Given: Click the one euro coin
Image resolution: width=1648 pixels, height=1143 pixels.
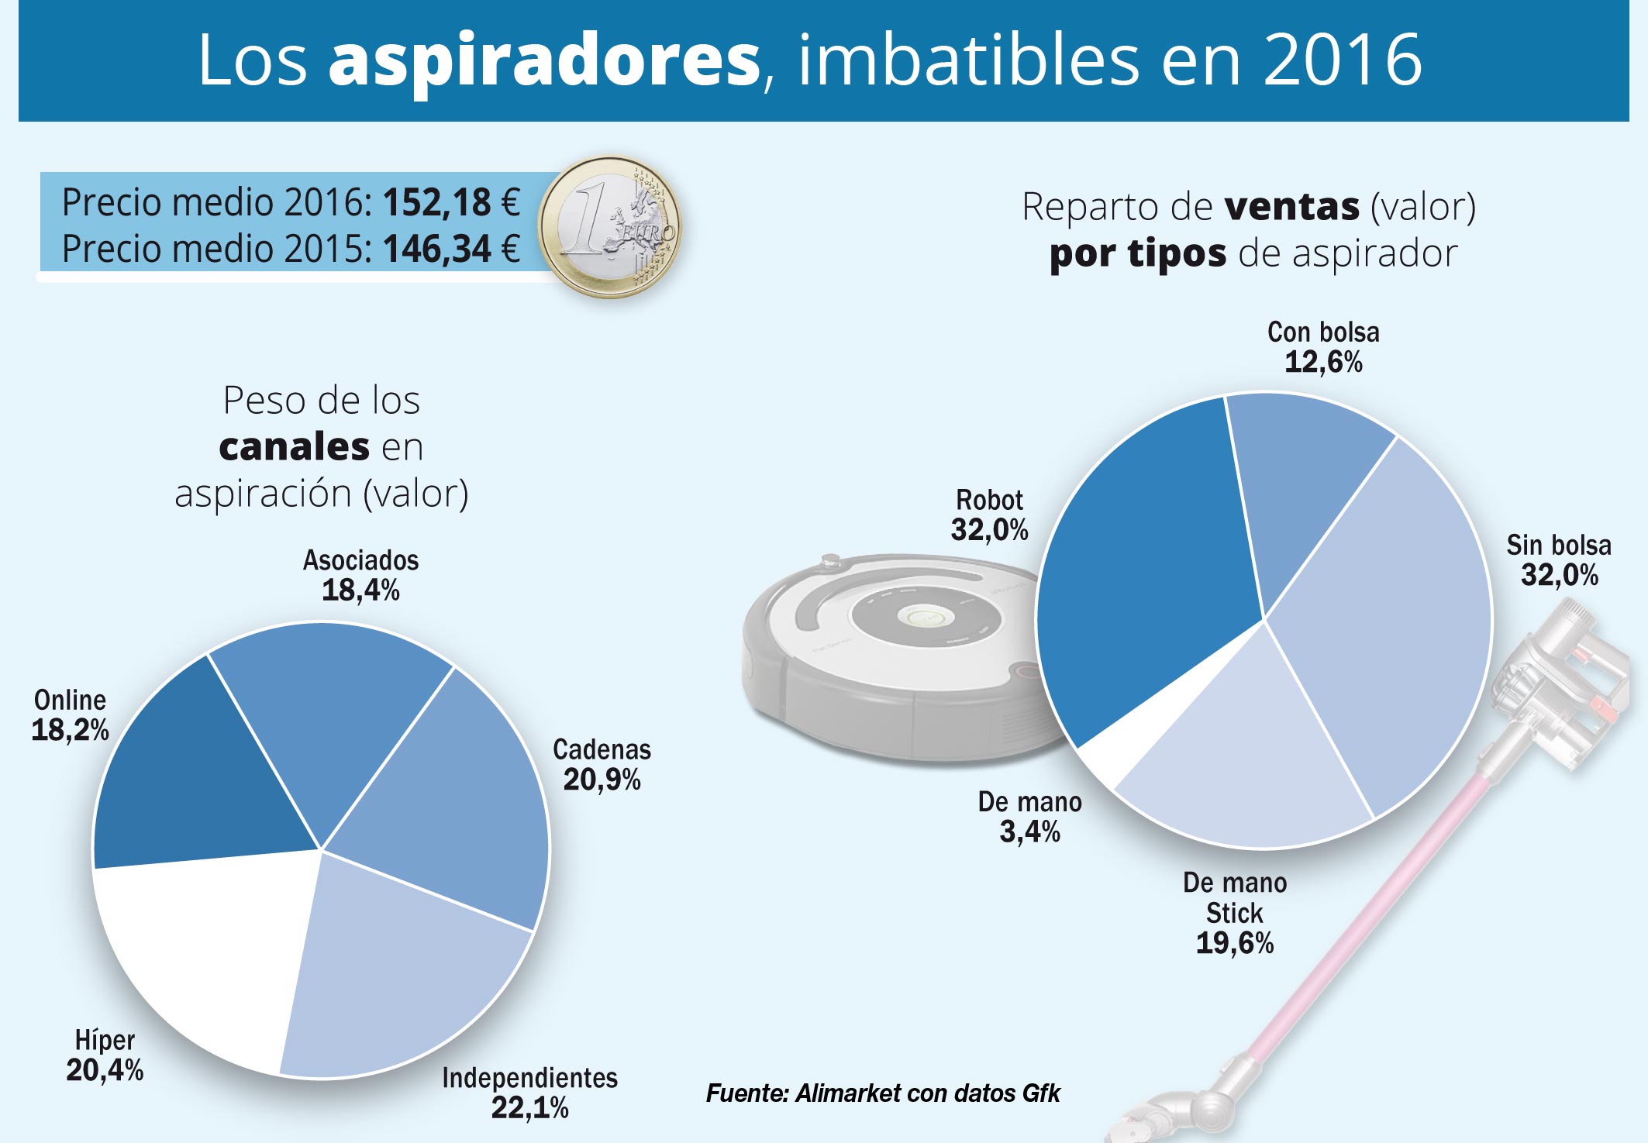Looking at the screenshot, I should point(610,227).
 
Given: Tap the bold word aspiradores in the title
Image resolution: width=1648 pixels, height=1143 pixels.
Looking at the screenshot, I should point(544,60).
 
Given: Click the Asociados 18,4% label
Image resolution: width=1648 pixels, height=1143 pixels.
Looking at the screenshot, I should point(360,576).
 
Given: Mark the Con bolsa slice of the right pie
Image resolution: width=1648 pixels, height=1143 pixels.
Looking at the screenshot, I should point(1302,473).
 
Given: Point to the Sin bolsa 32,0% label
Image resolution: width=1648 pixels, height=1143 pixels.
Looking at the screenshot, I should point(1558,560).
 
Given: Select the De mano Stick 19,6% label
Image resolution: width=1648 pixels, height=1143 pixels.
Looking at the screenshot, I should point(1234,914).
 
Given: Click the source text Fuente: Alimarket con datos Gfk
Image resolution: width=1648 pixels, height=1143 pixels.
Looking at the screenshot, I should point(882,1093).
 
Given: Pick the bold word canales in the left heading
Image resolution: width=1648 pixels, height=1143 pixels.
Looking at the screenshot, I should point(294,447).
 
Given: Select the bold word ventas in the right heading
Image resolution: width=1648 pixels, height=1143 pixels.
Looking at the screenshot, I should point(1291,207).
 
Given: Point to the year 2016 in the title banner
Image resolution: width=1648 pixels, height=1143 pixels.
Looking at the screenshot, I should point(1343,60).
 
